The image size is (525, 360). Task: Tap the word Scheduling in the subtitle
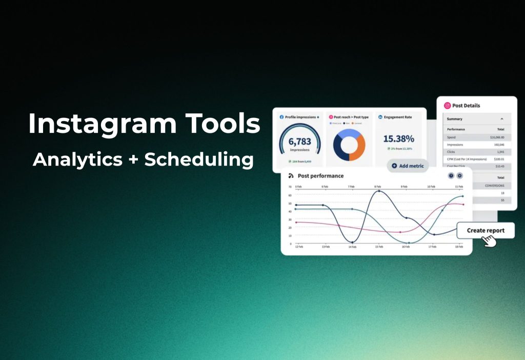(199, 159)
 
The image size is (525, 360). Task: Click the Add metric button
(408, 166)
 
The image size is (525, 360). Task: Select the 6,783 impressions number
(299, 142)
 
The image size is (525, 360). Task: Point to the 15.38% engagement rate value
(398, 139)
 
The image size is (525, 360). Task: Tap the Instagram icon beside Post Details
(447, 106)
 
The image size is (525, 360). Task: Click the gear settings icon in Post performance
(459, 176)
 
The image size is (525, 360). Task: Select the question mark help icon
(451, 176)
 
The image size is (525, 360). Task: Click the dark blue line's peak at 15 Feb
(379, 191)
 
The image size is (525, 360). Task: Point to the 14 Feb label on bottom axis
(352, 247)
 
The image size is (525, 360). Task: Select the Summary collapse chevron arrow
(501, 119)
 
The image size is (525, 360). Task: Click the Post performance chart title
(320, 176)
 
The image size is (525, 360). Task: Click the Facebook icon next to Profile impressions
(281, 117)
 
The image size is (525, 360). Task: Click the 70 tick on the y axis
(290, 187)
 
